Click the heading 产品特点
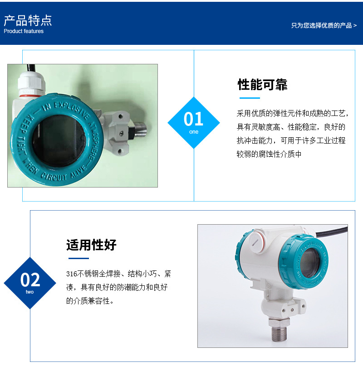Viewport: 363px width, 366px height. (28, 20)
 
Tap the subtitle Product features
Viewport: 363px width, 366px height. (24, 31)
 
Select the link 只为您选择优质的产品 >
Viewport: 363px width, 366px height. (324, 25)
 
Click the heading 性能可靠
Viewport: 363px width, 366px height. (262, 85)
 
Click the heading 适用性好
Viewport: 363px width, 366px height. (91, 245)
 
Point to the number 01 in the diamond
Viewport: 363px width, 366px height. (193, 119)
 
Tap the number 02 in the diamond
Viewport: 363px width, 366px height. (30, 279)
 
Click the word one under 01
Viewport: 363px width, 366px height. (194, 132)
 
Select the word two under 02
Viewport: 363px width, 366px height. (29, 292)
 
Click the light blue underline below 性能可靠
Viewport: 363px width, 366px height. (250, 98)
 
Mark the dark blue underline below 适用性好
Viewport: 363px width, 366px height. (78, 258)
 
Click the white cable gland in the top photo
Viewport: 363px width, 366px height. (31, 85)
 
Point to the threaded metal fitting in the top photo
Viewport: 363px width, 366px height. (140, 129)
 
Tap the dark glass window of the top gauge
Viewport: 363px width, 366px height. (59, 140)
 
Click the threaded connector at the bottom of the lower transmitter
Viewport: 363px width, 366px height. (279, 330)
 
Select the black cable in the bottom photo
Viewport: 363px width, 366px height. (332, 231)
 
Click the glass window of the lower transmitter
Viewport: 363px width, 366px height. (309, 263)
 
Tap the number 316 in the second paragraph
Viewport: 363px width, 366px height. (72, 274)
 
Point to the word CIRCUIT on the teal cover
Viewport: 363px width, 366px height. (54, 177)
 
